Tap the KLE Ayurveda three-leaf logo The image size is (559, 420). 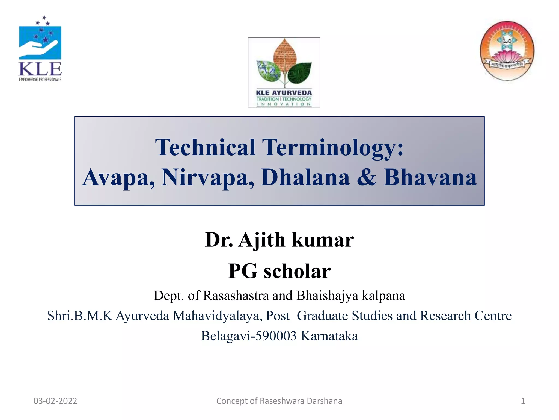coord(284,72)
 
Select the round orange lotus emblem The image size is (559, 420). coord(507,51)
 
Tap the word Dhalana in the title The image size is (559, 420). coord(305,177)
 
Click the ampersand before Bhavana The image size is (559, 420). coord(366,177)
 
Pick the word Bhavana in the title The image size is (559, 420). coord(430,177)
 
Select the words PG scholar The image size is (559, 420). coord(279,271)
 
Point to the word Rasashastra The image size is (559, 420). coord(236,296)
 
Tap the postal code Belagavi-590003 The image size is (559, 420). coord(249,336)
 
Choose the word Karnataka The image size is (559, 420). coord(329,336)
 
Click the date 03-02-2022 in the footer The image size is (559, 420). coord(55,401)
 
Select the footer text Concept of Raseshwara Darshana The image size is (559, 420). coord(279,401)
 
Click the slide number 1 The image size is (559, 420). coord(523,401)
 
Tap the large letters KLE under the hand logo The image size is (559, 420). coord(40,69)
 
